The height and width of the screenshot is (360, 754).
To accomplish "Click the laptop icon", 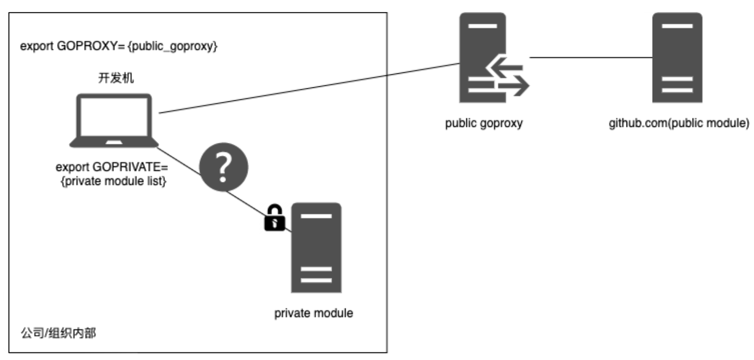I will (114, 121).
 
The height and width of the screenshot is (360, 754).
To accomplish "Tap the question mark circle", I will (223, 167).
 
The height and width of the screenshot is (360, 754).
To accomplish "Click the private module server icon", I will (316, 248).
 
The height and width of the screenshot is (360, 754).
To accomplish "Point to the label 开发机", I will (114, 79).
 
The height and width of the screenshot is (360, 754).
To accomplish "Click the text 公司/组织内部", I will (58, 333).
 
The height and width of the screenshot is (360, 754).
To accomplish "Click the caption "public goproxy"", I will (484, 123).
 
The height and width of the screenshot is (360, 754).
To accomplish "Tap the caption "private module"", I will (314, 313).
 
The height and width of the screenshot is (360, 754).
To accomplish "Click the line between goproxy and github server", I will (591, 58).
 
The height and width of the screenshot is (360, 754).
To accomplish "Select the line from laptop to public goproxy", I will (309, 88).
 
